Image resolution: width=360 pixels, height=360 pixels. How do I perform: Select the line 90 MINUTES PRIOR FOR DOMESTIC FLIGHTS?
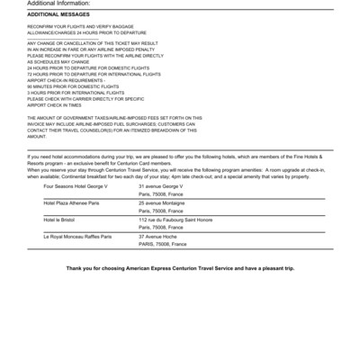tap(76, 85)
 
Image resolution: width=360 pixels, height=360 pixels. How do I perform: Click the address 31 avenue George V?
tap(161, 186)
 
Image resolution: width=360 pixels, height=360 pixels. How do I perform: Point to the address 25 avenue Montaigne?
tap(161, 203)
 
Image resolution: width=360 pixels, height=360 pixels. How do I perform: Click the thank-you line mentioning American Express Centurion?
tap(180, 269)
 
